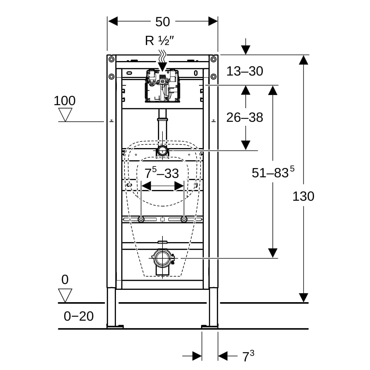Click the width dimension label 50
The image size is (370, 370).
pyautogui.click(x=162, y=22)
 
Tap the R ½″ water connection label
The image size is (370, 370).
pyautogui.click(x=159, y=41)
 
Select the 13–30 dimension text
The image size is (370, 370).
pyautogui.click(x=245, y=71)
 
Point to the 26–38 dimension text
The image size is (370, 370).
pyautogui.click(x=245, y=117)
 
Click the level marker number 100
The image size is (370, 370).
pyautogui.click(x=64, y=101)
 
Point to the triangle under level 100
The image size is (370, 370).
pyautogui.click(x=65, y=115)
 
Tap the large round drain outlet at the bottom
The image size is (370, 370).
pyautogui.click(x=162, y=258)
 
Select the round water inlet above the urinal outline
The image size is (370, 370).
pyautogui.click(x=162, y=151)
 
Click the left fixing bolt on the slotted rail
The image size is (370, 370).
pyautogui.click(x=141, y=220)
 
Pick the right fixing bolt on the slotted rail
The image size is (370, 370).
pyautogui.click(x=184, y=220)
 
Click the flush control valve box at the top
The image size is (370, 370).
pyautogui.click(x=162, y=86)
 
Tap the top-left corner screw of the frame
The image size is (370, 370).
pyautogui.click(x=111, y=59)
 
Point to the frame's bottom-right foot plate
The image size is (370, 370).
pyautogui.click(x=210, y=327)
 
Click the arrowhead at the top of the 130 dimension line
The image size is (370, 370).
pyautogui.click(x=303, y=60)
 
